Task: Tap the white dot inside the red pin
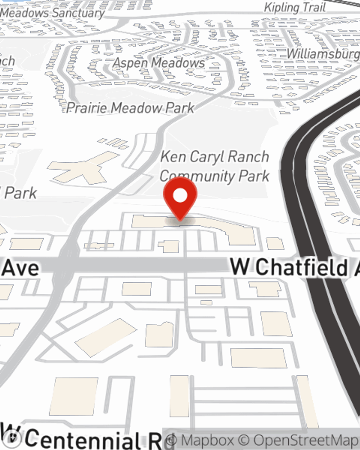[x=180, y=196]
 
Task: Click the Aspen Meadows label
[x=159, y=63]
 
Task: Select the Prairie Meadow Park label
[x=130, y=108]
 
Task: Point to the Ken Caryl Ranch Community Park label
[x=215, y=166]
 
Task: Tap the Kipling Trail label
[x=295, y=8]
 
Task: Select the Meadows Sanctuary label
[x=53, y=13]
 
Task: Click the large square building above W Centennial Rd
[x=74, y=396]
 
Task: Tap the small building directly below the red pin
[x=169, y=247]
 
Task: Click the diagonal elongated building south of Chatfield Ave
[x=106, y=337]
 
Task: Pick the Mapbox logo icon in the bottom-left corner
[x=14, y=438]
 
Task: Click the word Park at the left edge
[x=21, y=193]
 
